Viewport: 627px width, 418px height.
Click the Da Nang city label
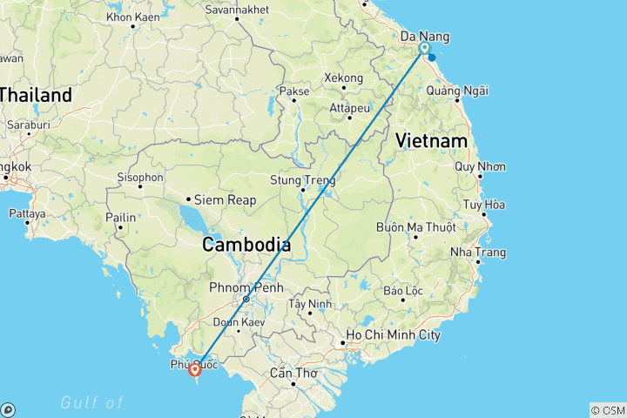pos(424,37)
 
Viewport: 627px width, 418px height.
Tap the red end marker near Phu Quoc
pos(195,370)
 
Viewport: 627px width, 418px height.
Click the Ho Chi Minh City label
pos(393,335)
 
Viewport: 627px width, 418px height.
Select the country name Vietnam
pos(431,140)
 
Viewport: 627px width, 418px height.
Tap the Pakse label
pos(294,91)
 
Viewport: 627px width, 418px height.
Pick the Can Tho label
pos(292,372)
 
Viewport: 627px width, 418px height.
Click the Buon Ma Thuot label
pos(416,227)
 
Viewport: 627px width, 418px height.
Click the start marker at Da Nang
pos(424,50)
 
